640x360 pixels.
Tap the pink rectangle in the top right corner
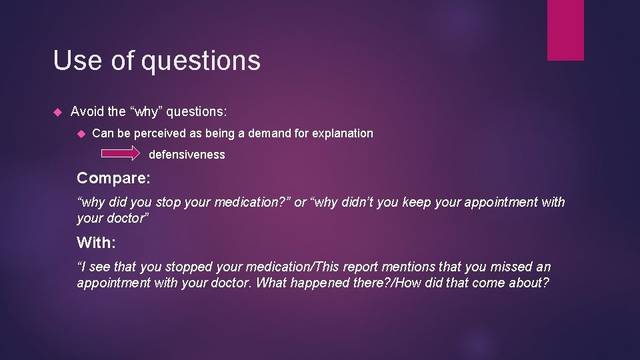coord(565,30)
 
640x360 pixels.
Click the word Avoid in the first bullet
coord(87,111)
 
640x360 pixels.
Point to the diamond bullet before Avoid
coord(57,111)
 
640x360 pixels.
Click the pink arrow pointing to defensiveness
coord(121,154)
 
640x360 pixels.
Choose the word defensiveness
coord(187,155)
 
